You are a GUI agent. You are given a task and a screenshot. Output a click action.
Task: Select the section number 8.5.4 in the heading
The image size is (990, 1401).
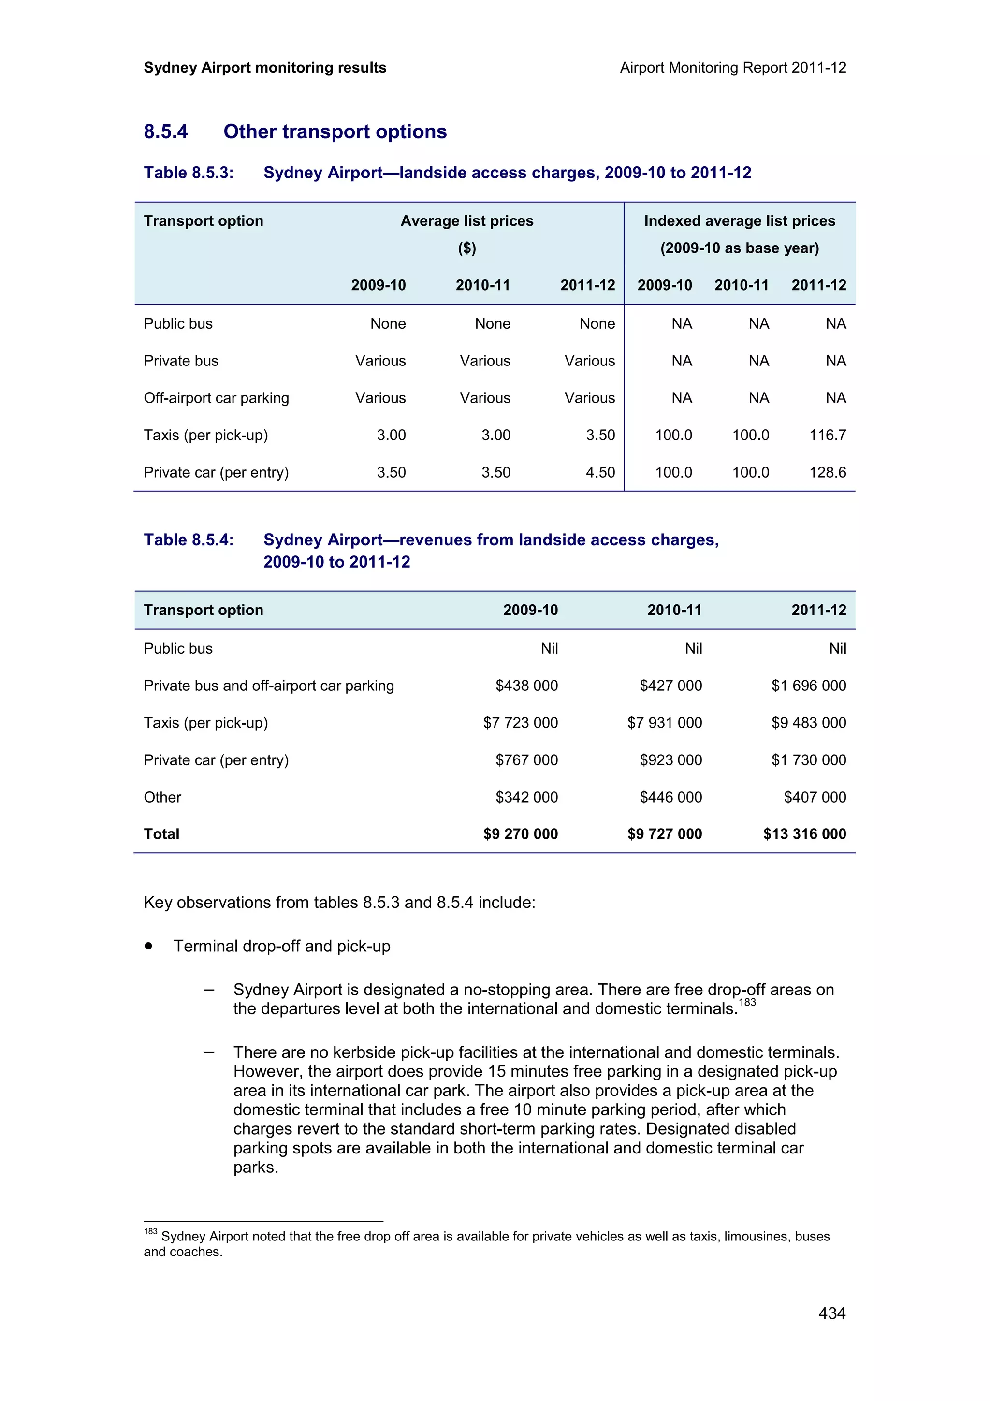pos(165,132)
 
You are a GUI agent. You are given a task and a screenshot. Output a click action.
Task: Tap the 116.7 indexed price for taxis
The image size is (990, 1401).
pos(827,435)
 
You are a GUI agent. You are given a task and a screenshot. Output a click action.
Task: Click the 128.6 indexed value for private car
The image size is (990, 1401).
pos(827,472)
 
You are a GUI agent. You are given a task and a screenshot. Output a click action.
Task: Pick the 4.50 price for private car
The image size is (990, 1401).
pos(600,472)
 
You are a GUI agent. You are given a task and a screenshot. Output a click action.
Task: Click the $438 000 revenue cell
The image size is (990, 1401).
pos(526,686)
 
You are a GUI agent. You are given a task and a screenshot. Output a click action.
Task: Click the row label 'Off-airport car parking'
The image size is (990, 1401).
pos(216,398)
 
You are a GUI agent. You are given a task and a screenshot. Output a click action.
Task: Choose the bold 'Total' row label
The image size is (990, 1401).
pos(161,834)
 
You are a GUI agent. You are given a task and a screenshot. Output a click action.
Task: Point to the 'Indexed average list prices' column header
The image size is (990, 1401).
pos(739,221)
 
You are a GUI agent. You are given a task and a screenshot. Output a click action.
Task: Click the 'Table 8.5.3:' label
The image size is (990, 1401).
pos(189,173)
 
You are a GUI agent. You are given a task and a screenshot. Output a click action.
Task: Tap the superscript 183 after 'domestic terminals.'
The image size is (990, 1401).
pos(747,1003)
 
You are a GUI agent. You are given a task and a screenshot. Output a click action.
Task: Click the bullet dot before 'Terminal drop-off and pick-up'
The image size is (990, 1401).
pos(148,947)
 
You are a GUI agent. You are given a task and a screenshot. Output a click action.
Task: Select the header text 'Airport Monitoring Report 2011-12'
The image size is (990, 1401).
pos(732,68)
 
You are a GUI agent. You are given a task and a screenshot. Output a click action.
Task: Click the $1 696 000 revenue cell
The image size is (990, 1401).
pos(808,686)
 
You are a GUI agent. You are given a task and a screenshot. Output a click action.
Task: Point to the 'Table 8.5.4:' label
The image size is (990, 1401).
pos(189,540)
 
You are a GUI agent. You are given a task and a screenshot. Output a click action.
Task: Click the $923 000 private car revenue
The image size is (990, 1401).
pos(670,760)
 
